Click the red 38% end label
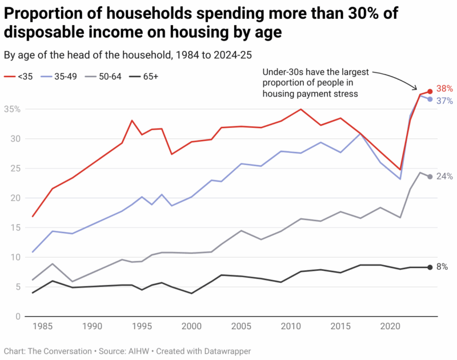click(444, 89)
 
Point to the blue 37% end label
click(444, 101)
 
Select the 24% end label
click(444, 177)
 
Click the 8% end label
click(442, 267)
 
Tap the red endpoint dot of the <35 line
click(430, 91)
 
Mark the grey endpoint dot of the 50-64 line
click(430, 177)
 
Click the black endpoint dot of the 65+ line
click(430, 267)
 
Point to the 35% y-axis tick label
click(12, 109)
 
